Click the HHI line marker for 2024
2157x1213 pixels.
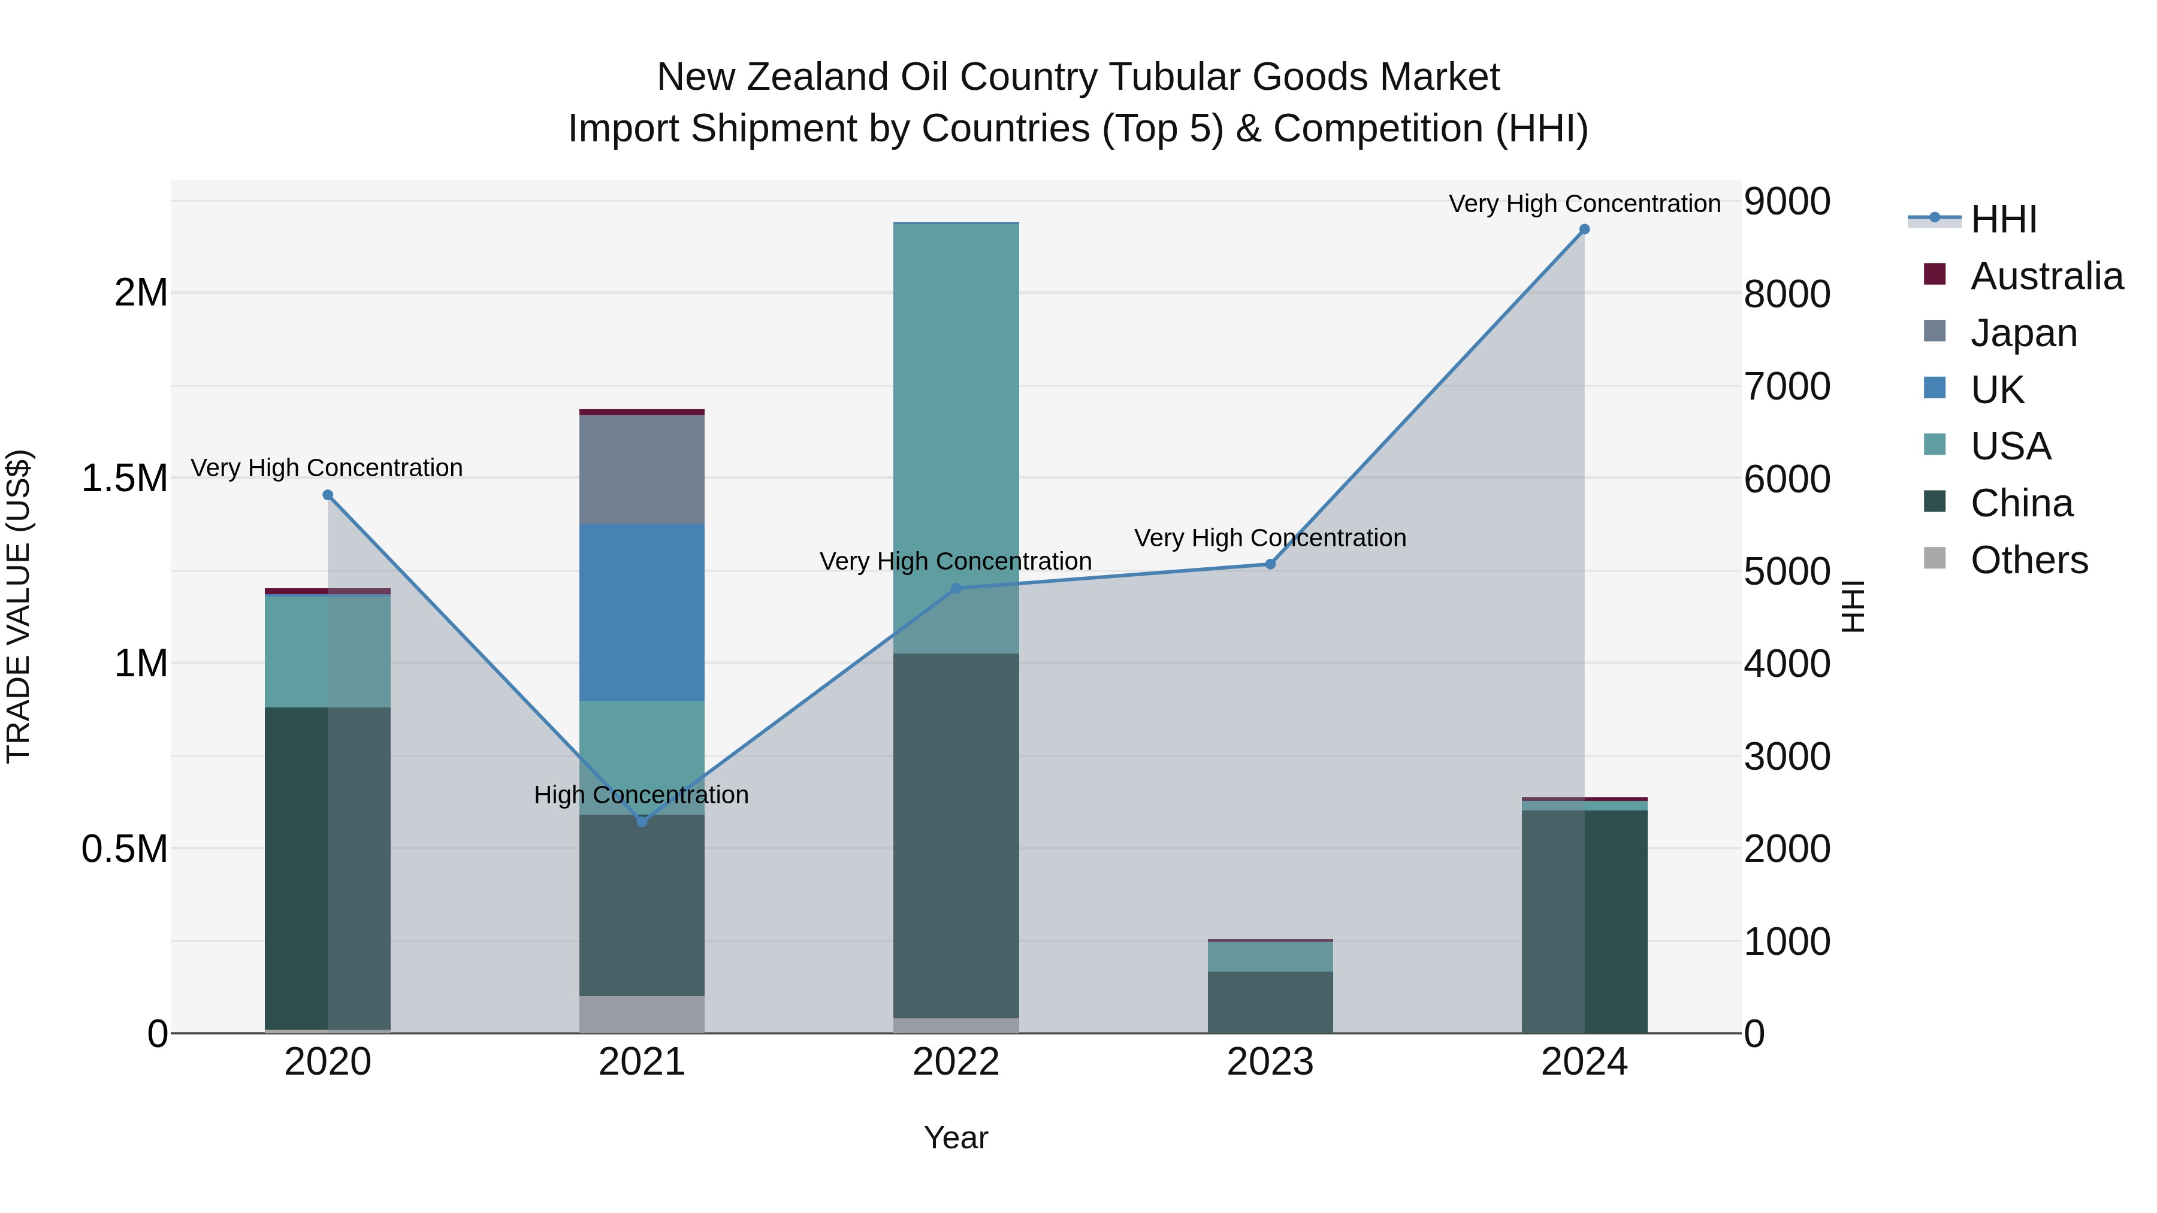coord(1584,229)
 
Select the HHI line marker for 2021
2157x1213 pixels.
coord(642,821)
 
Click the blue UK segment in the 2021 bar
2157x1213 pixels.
coord(642,612)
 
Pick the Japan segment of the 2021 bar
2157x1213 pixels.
coord(642,470)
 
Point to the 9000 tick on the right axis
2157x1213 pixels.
coord(1787,202)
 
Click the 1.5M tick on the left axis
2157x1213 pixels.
coord(125,479)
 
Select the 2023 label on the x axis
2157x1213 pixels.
coord(1270,1062)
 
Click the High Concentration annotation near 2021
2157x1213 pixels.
coord(641,794)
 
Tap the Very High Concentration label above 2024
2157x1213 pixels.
coord(1584,204)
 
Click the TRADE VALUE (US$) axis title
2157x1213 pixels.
coord(19,606)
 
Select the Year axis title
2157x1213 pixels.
coord(956,1138)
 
